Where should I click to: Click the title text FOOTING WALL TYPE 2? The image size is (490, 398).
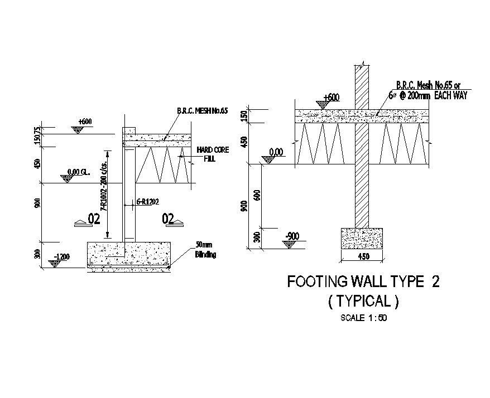click(363, 281)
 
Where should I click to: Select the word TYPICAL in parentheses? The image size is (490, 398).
click(363, 302)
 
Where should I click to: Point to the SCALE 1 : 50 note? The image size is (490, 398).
click(363, 319)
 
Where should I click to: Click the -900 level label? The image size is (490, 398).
click(292, 236)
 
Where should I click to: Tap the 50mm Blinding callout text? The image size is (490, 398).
click(205, 250)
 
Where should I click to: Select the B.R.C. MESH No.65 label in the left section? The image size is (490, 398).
click(203, 111)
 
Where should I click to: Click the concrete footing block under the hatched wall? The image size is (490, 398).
click(361, 238)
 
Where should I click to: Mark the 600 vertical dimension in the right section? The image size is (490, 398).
click(257, 196)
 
